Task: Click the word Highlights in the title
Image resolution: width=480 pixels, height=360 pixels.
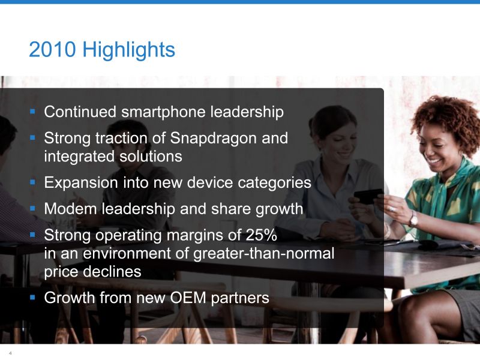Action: (128, 50)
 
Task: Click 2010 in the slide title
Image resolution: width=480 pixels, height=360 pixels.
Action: (52, 49)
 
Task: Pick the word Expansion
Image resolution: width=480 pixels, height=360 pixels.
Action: (81, 183)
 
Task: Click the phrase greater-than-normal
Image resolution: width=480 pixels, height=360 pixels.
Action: (264, 254)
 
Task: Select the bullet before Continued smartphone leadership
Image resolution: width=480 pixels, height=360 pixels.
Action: (33, 111)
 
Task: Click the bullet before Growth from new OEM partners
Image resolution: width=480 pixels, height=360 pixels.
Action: (33, 297)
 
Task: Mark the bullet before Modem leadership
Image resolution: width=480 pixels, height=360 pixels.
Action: (33, 208)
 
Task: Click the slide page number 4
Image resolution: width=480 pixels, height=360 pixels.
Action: (10, 353)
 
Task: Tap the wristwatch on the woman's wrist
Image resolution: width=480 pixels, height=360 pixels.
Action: (413, 218)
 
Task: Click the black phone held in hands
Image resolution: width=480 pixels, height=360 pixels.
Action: (367, 196)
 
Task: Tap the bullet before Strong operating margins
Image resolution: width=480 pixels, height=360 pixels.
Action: (33, 235)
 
